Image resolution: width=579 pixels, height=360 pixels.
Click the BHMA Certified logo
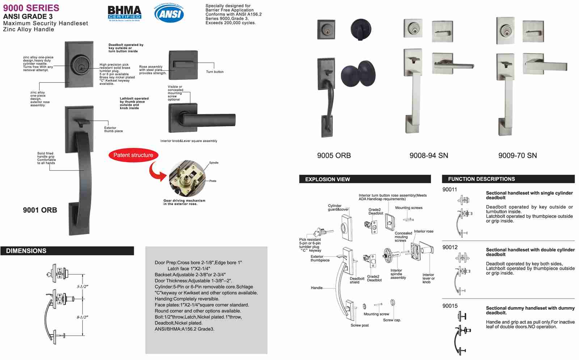click(124, 13)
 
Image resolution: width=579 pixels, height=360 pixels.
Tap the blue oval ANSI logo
click(169, 14)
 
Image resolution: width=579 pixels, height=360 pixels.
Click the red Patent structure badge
click(133, 155)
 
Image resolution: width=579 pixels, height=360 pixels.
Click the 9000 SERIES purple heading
click(31, 8)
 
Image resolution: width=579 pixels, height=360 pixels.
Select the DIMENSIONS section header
click(26, 251)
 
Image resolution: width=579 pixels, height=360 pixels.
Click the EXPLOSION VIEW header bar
click(327, 179)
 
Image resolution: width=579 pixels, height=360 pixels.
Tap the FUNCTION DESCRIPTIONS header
click(481, 179)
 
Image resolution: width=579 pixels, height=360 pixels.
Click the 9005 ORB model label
click(334, 156)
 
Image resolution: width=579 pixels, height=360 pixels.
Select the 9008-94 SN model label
click(428, 156)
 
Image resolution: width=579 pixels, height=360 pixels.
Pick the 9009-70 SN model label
click(517, 156)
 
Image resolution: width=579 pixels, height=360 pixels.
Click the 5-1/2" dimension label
click(82, 287)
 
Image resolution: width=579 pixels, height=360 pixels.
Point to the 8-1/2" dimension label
click(82, 317)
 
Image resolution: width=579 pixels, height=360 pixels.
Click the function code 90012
click(450, 247)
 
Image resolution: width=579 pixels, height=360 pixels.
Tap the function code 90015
click(450, 306)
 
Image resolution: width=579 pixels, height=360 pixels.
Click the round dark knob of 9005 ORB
click(358, 74)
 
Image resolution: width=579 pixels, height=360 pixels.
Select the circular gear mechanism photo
click(187, 178)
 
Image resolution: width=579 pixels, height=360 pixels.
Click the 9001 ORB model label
click(40, 210)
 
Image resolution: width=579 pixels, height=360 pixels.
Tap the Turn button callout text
click(215, 72)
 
